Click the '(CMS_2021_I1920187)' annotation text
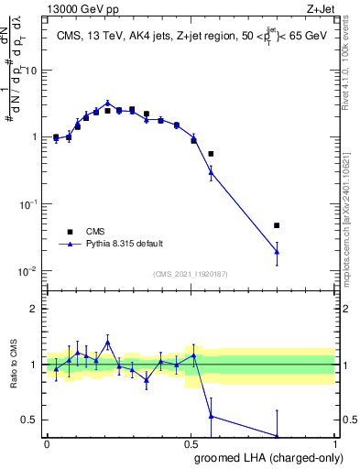(x=189, y=273)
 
